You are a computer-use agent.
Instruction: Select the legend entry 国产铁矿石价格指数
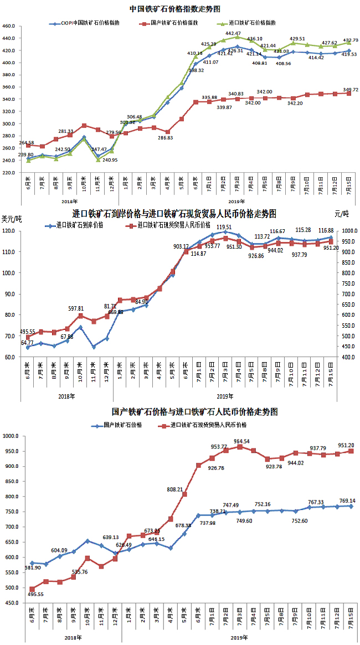point(173,24)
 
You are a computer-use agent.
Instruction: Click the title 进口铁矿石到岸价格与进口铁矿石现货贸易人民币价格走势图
point(174,214)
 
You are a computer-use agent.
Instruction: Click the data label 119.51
point(224,227)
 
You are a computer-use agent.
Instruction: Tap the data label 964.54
point(242,442)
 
